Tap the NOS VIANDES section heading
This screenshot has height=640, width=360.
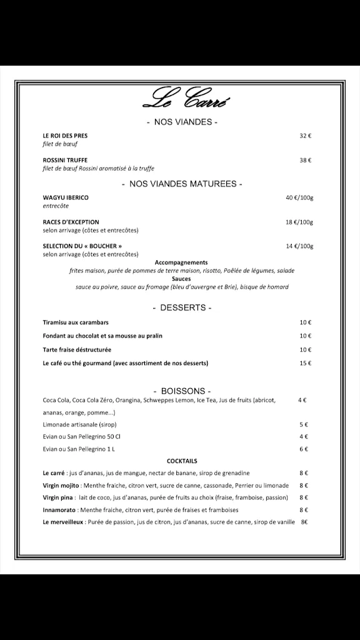click(182, 122)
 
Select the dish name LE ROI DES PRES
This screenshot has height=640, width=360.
click(65, 136)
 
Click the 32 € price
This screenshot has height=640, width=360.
click(305, 136)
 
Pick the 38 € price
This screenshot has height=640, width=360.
click(305, 160)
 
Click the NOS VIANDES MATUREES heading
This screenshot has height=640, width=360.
click(182, 184)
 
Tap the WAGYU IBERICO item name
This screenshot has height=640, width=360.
click(66, 197)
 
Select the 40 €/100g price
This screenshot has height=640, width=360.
click(299, 197)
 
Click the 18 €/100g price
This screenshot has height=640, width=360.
click(299, 222)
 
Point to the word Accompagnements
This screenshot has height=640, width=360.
click(181, 262)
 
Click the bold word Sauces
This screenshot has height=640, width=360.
click(181, 279)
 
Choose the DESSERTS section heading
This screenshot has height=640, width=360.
click(182, 308)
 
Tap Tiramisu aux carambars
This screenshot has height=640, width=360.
click(76, 322)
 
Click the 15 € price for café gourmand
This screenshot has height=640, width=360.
click(305, 363)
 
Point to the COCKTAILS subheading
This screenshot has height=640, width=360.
click(182, 461)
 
